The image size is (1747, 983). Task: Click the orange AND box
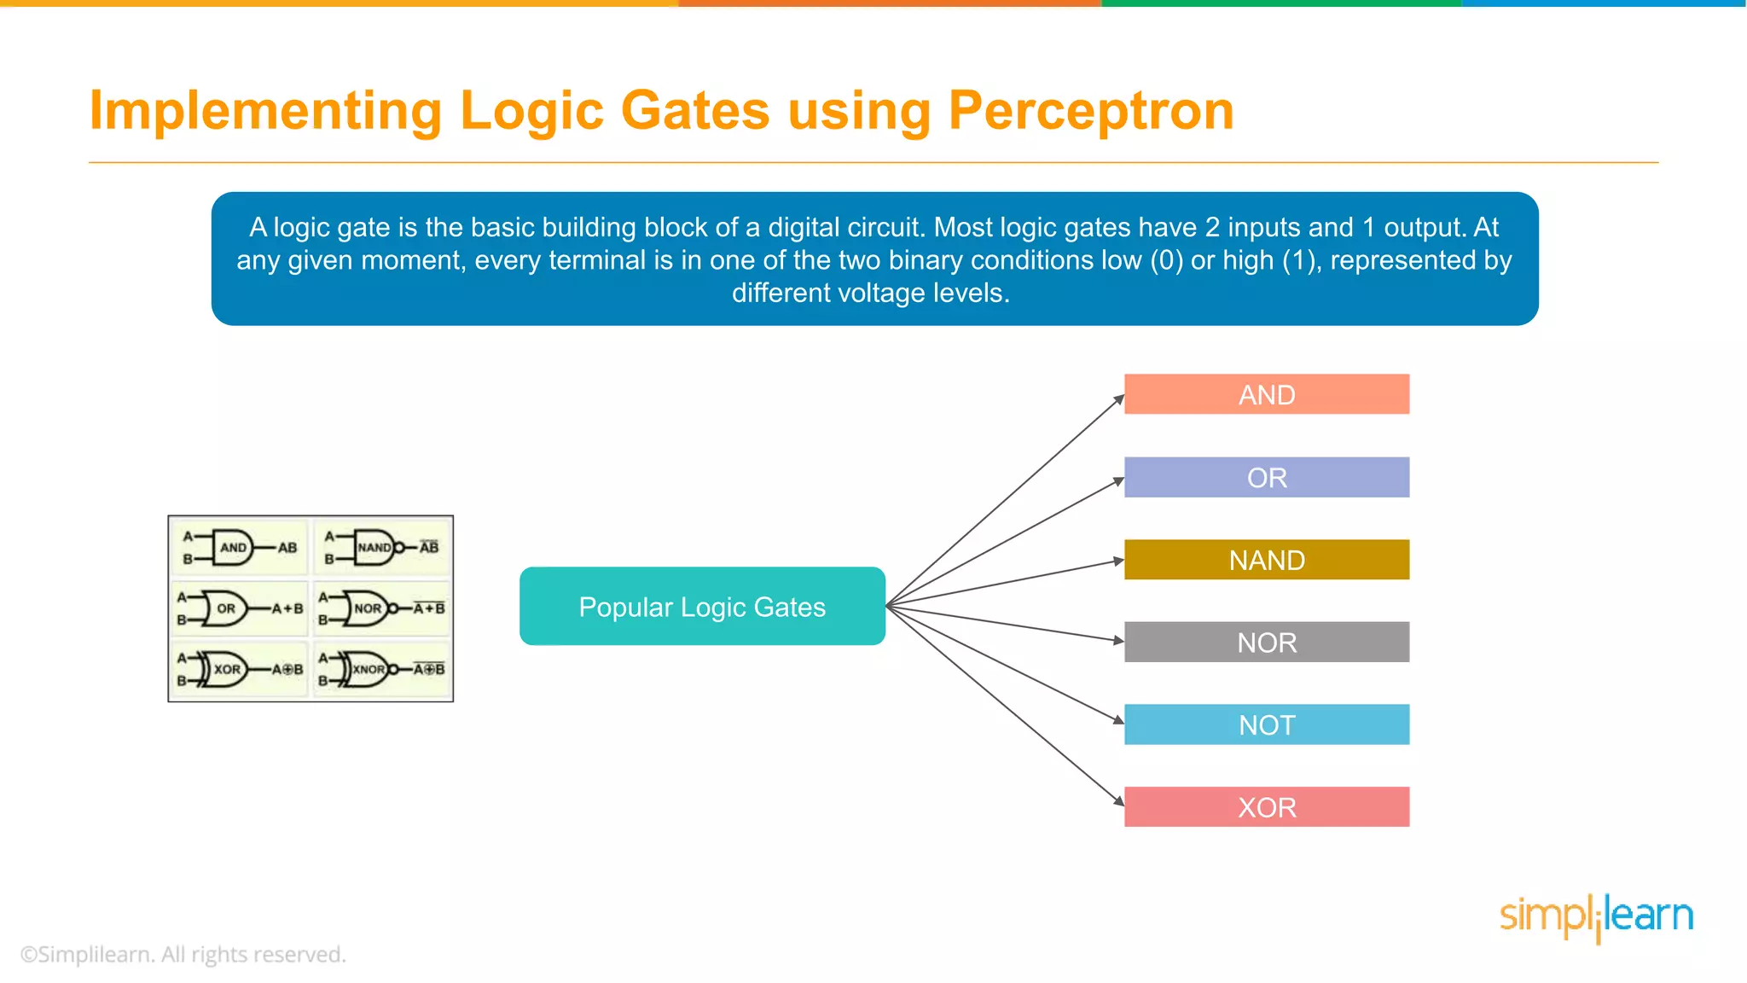pyautogui.click(x=1266, y=394)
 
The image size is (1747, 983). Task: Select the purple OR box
pyautogui.click(x=1266, y=477)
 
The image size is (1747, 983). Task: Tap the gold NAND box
pyautogui.click(x=1266, y=560)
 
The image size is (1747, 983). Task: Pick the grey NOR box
pyautogui.click(x=1266, y=642)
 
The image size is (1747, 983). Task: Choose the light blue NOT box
pyautogui.click(x=1266, y=724)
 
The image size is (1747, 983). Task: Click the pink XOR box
pyautogui.click(x=1266, y=807)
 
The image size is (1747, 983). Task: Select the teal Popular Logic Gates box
pyautogui.click(x=702, y=607)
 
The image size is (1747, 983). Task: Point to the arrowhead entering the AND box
pyautogui.click(x=1119, y=398)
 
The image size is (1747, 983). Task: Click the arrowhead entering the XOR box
pyautogui.click(x=1119, y=801)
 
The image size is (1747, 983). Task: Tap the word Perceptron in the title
pyautogui.click(x=1091, y=111)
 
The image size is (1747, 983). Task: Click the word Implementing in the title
pyautogui.click(x=265, y=111)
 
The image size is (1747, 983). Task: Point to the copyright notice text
pyautogui.click(x=183, y=954)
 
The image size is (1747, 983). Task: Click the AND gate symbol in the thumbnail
pyautogui.click(x=233, y=548)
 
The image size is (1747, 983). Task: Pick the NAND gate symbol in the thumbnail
pyautogui.click(x=375, y=548)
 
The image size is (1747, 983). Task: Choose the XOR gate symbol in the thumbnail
pyautogui.click(x=226, y=670)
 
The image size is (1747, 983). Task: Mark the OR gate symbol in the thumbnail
pyautogui.click(x=226, y=608)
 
